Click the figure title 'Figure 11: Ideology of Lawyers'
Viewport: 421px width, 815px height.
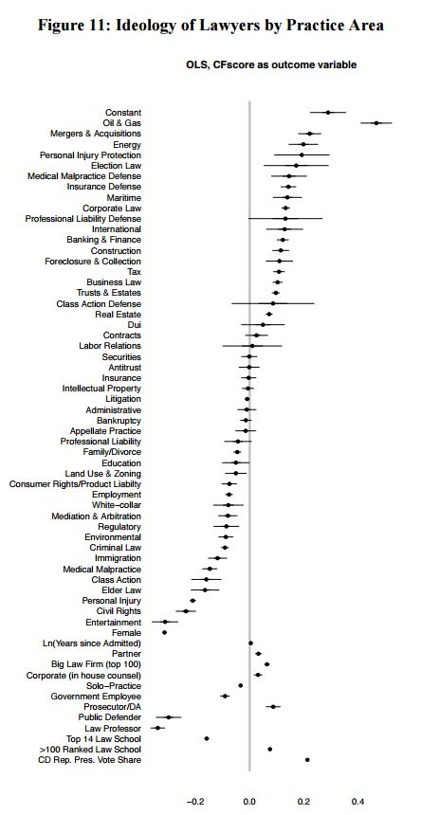click(210, 26)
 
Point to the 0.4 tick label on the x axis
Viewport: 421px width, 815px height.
click(357, 801)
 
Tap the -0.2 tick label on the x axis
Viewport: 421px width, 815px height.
click(194, 801)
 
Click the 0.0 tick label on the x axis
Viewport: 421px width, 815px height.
click(249, 801)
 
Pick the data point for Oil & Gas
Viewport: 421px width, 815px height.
click(376, 123)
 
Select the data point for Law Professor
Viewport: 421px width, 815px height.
click(157, 728)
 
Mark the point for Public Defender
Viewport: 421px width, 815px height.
click(169, 717)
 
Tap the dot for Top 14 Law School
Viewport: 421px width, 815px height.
click(207, 738)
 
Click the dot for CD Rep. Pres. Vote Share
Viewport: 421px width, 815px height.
click(307, 760)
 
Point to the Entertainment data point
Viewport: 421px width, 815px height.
click(165, 622)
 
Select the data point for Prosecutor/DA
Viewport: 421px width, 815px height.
click(273, 706)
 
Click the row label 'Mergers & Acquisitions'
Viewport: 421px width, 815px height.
click(96, 134)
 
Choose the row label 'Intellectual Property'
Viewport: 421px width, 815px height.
click(101, 389)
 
